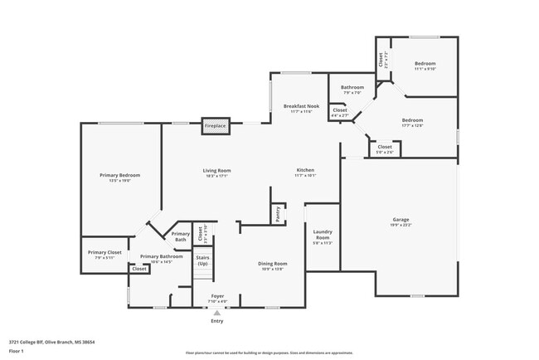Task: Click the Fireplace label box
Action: (216, 127)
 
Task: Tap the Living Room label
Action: (216, 171)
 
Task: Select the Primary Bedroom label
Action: (120, 175)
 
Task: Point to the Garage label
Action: (401, 220)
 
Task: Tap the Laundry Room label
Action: (323, 234)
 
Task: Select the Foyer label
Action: (216, 295)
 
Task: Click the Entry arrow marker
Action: (216, 313)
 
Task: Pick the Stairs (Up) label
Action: (202, 260)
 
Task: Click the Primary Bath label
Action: (181, 236)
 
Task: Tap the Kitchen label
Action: (306, 171)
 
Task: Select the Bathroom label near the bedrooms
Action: (352, 87)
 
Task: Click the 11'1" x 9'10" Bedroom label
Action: (425, 64)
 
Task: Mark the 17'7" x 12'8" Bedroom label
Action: (412, 120)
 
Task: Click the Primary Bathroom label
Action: (161, 257)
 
